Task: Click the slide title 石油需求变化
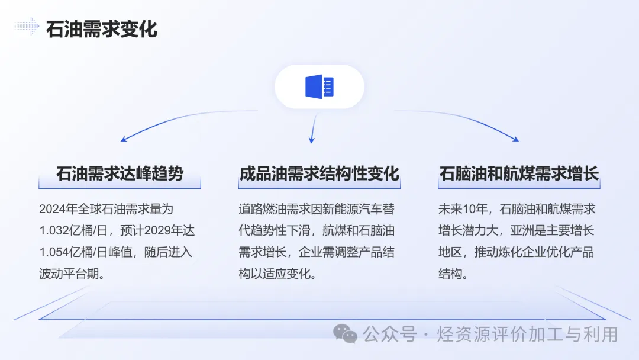coord(102,28)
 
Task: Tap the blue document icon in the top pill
coord(319,86)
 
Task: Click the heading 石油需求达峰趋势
coord(120,173)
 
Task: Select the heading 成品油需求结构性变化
coord(319,173)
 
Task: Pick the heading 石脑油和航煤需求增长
coord(519,173)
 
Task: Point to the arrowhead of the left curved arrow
coord(123,140)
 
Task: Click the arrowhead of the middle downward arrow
coord(312,140)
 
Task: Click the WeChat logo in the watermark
coord(346,334)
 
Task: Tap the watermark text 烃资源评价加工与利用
coord(527,335)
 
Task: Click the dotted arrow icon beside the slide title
coord(27,27)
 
